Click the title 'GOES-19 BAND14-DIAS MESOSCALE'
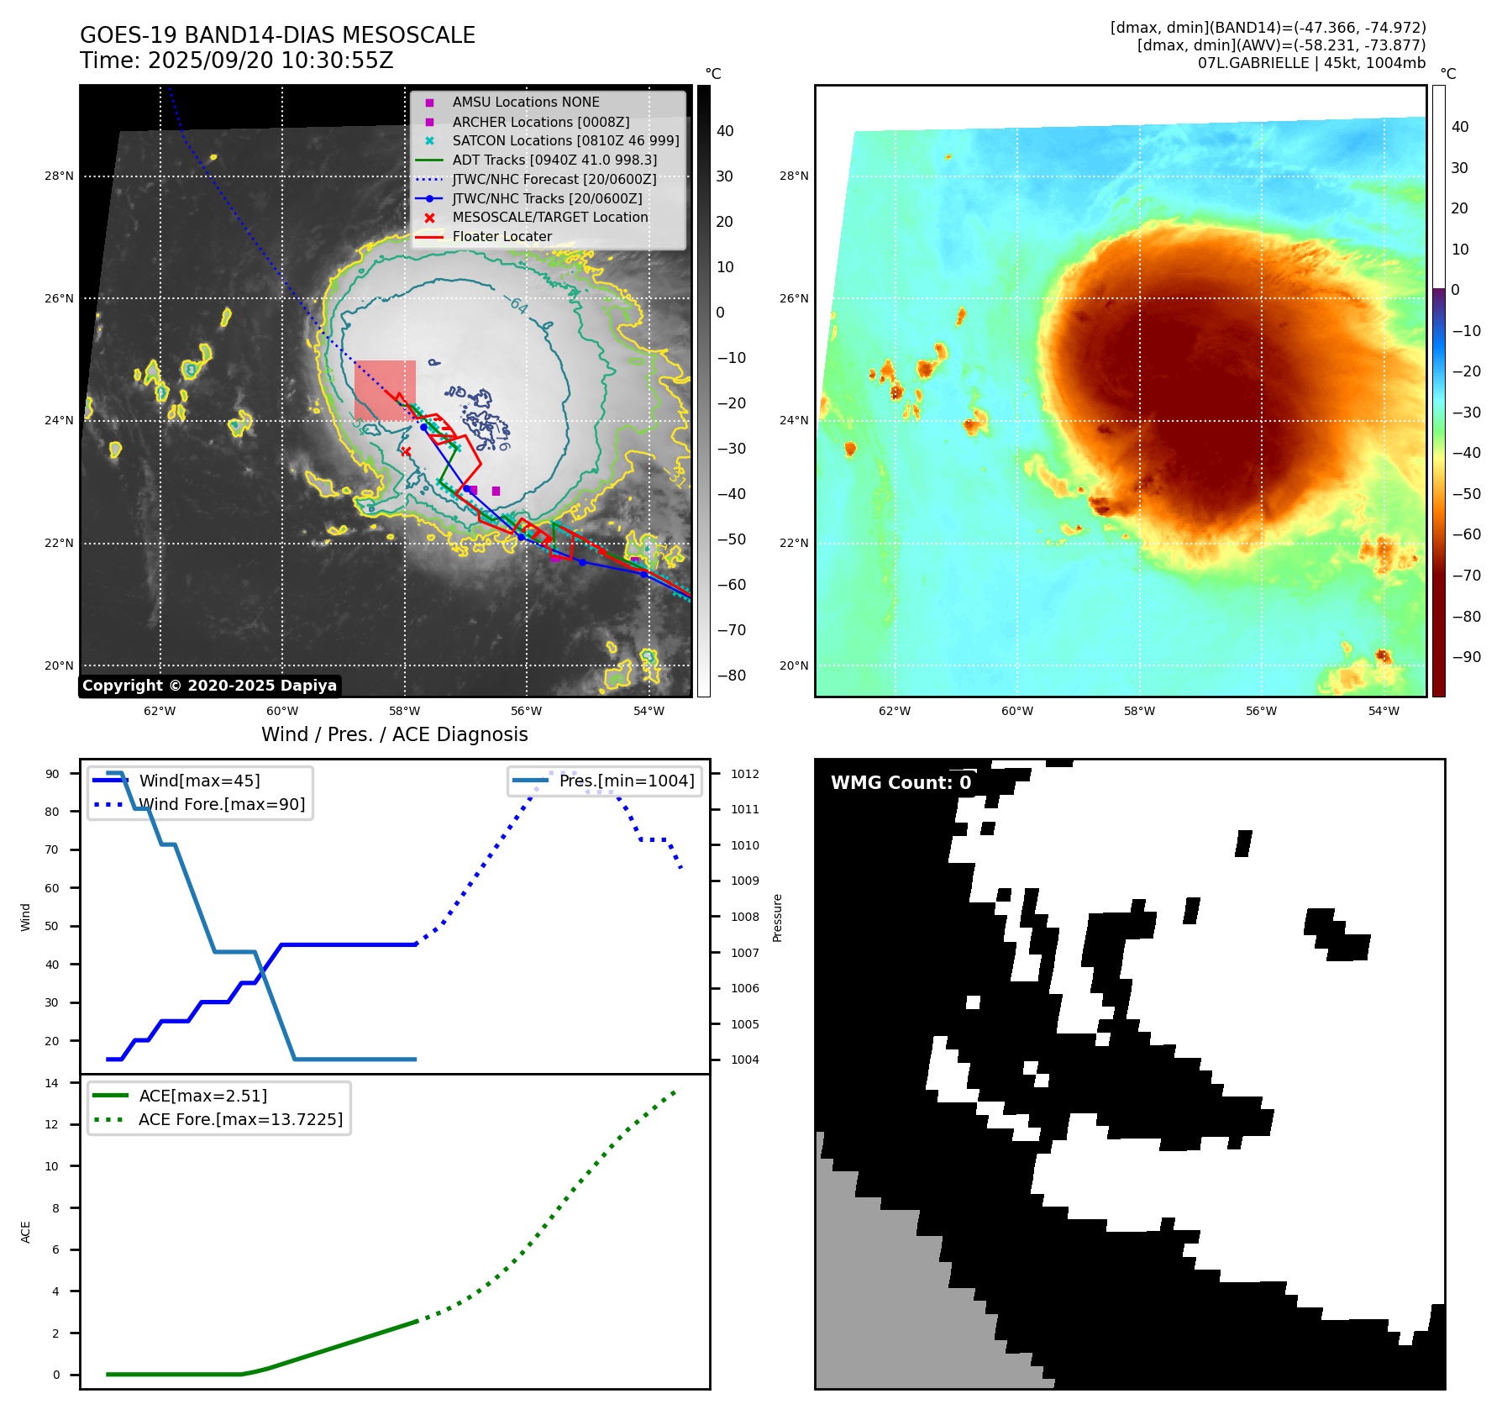click(x=277, y=35)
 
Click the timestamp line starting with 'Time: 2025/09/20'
click(x=236, y=60)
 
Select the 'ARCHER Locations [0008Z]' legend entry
click(x=540, y=122)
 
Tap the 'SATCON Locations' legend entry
click(x=565, y=141)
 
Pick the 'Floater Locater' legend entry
click(x=502, y=237)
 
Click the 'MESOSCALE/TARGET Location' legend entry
click(x=549, y=218)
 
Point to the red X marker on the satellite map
click(x=406, y=451)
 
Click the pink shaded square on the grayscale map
click(x=385, y=390)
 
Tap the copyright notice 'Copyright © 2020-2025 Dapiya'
click(x=209, y=686)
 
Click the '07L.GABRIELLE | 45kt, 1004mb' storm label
click(x=1311, y=63)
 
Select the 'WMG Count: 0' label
click(x=901, y=783)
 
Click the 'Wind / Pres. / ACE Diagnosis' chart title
click(x=394, y=734)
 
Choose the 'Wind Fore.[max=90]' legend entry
click(x=222, y=805)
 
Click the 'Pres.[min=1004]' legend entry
click(x=626, y=781)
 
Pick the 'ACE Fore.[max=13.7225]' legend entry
click(x=240, y=1120)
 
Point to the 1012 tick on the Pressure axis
click(x=744, y=774)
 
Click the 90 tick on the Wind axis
click(x=52, y=774)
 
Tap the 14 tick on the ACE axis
click(x=52, y=1083)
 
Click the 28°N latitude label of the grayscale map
click(x=59, y=176)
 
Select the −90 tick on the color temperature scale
click(x=1466, y=657)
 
